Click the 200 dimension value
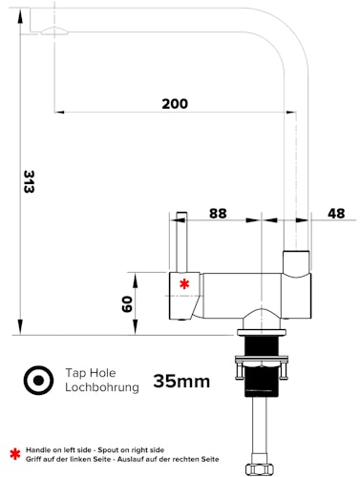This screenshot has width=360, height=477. point(174,104)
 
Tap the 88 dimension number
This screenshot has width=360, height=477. point(218,214)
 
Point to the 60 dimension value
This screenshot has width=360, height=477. point(124,303)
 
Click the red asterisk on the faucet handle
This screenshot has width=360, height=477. point(184,283)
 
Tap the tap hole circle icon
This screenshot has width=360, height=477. point(39,380)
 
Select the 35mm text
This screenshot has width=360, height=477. point(180,382)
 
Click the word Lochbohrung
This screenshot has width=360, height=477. point(102,387)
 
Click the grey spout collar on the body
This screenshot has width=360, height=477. point(297,261)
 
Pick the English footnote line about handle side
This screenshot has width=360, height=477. point(95,449)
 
